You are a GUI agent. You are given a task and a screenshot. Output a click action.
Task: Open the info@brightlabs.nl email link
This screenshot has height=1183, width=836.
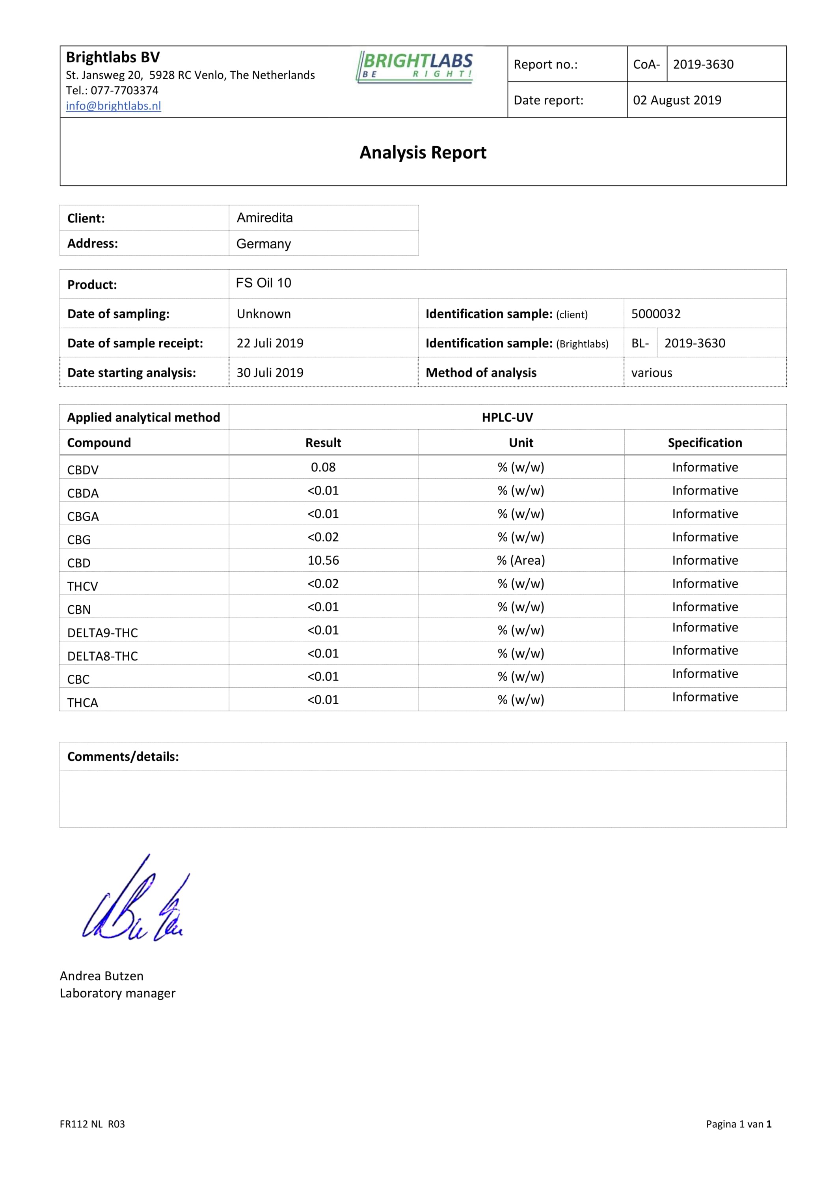click(x=114, y=106)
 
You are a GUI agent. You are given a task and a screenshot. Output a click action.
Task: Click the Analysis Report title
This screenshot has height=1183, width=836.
click(x=423, y=153)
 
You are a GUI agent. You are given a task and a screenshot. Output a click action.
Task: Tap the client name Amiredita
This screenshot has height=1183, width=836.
click(x=265, y=218)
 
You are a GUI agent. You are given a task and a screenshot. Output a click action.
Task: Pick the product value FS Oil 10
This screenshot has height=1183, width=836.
click(x=264, y=283)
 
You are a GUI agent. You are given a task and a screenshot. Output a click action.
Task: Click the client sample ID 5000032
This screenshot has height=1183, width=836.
click(x=656, y=314)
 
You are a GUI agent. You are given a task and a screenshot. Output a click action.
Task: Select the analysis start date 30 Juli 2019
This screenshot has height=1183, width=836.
click(x=270, y=373)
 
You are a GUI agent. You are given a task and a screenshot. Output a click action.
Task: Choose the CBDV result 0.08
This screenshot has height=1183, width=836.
click(x=324, y=467)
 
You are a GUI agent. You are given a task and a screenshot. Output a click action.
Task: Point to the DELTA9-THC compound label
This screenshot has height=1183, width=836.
click(x=102, y=633)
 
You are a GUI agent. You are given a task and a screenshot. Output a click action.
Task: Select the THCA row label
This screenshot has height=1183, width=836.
click(x=82, y=703)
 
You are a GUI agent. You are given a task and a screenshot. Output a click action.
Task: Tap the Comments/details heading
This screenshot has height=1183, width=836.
click(x=123, y=756)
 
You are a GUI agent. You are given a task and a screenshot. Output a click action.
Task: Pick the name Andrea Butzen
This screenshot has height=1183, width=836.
click(x=101, y=976)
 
